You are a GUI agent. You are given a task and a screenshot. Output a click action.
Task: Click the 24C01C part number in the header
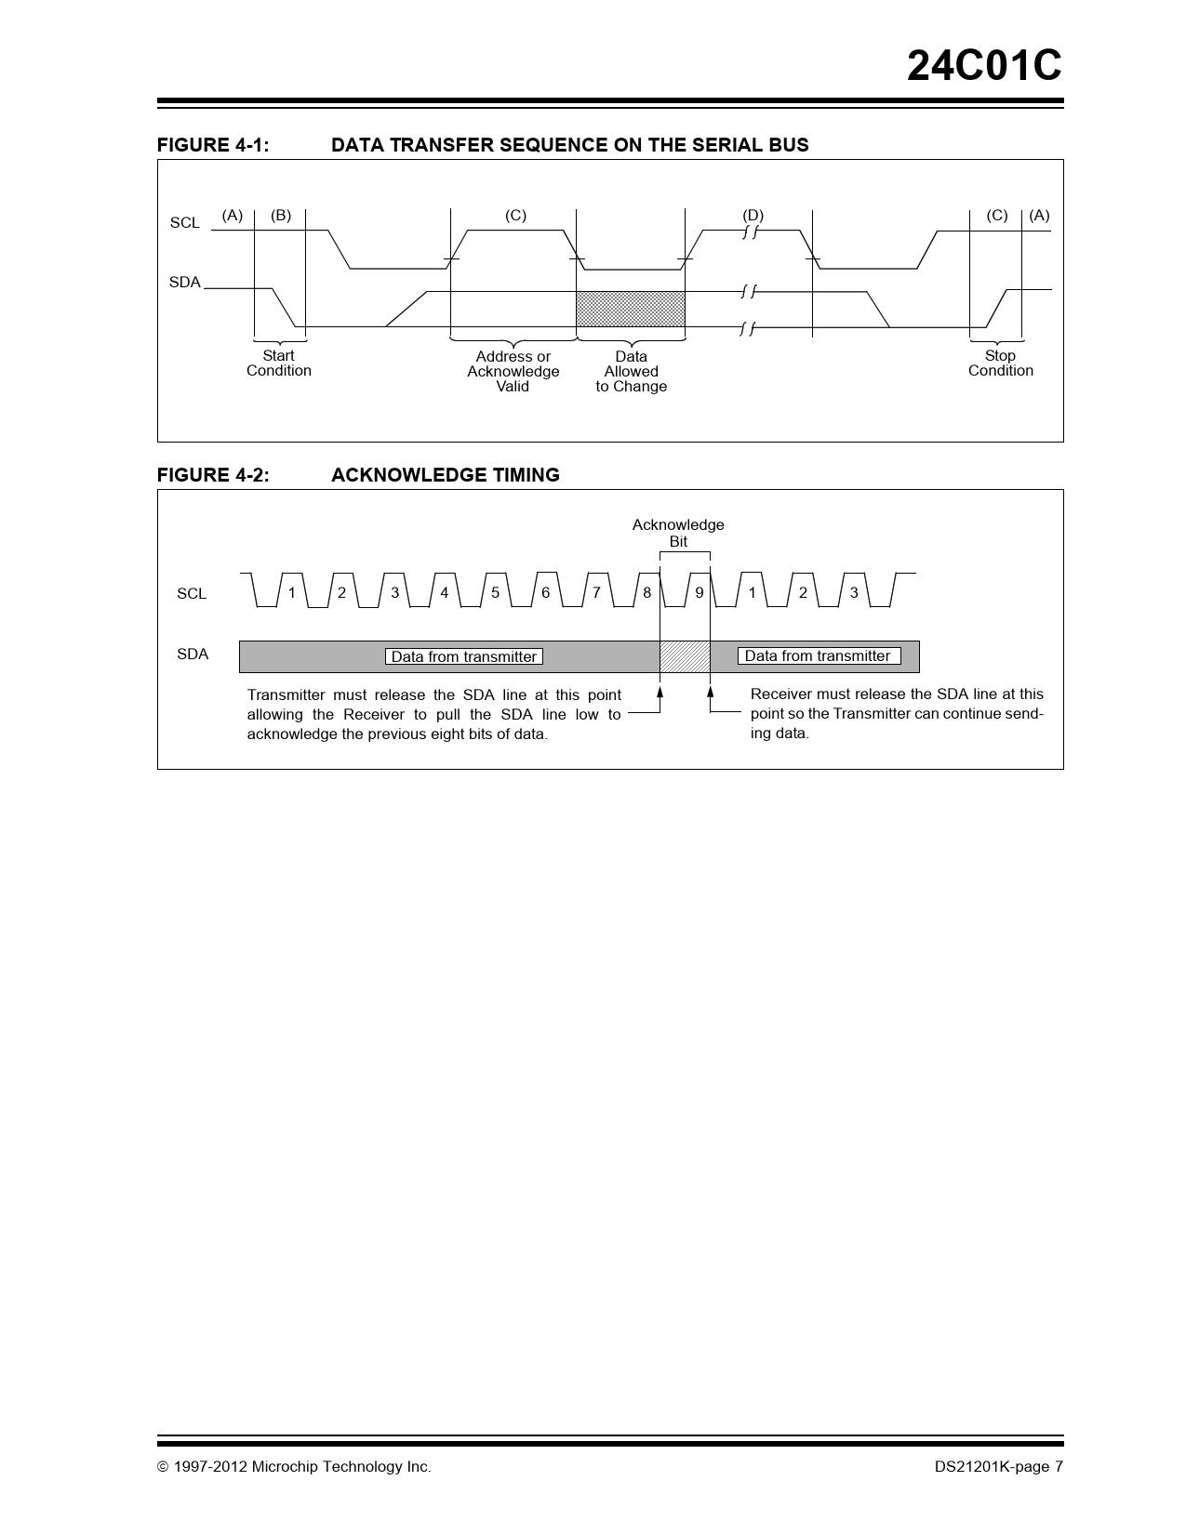[984, 66]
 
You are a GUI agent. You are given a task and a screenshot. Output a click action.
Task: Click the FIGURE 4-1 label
[213, 145]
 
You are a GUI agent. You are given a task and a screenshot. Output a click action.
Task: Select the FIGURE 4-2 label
[213, 475]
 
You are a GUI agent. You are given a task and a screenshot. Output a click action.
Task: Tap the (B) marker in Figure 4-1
[281, 216]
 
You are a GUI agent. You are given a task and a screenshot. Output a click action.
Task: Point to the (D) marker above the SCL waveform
[753, 216]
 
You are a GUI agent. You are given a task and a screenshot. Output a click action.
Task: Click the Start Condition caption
[279, 364]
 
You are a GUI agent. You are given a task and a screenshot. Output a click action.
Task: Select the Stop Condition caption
[1000, 364]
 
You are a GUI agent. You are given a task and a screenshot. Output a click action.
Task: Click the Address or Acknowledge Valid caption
[513, 372]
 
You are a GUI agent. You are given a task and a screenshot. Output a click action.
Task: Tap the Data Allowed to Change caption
[632, 372]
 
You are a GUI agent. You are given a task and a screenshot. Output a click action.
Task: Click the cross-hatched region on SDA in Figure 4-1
[631, 309]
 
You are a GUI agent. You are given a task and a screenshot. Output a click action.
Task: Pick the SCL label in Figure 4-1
[185, 223]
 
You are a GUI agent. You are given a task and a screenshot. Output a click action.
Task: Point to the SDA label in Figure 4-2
[193, 655]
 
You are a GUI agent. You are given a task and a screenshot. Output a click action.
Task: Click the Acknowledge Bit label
[678, 533]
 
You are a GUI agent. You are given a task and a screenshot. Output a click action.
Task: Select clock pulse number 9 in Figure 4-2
[700, 592]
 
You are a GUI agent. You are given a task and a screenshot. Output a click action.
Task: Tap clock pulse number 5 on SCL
[495, 592]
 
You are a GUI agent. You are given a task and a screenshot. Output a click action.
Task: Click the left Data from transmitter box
[463, 656]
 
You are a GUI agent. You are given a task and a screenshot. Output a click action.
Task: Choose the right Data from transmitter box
[818, 656]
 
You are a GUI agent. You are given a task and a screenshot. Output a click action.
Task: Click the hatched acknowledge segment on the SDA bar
[685, 656]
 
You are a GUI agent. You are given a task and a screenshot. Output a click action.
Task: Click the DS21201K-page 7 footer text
[998, 1467]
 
